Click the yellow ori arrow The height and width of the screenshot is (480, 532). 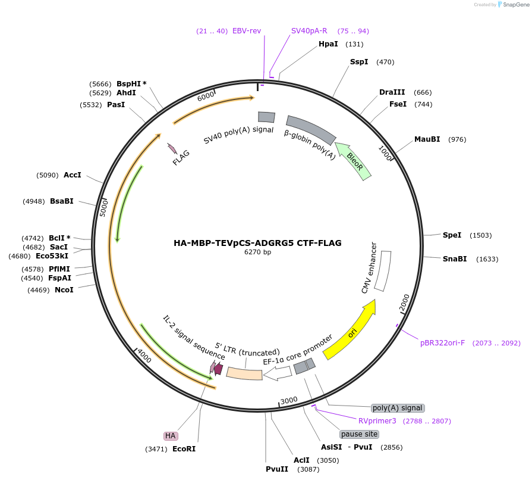tap(351, 331)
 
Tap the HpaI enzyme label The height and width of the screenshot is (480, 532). tap(328, 44)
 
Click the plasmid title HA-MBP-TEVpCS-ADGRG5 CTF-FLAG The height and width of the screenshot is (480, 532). tap(257, 243)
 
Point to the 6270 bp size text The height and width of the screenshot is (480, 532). tap(257, 252)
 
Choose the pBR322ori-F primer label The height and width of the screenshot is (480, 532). tap(442, 343)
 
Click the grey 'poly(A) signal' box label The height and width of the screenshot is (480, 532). tap(398, 408)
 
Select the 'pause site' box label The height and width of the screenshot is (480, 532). tap(359, 434)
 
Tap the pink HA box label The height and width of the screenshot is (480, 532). tap(171, 436)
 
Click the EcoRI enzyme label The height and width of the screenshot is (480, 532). tap(184, 449)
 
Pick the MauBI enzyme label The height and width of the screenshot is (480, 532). tap(427, 139)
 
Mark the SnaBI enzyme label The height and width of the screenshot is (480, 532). tap(455, 259)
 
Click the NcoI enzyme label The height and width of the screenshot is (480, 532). tap(64, 290)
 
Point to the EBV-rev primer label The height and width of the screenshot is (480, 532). tap(247, 31)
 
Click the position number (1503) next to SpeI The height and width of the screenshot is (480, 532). tap(480, 235)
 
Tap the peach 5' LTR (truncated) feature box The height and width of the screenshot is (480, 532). tap(244, 373)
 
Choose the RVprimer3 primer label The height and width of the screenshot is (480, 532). tap(377, 421)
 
